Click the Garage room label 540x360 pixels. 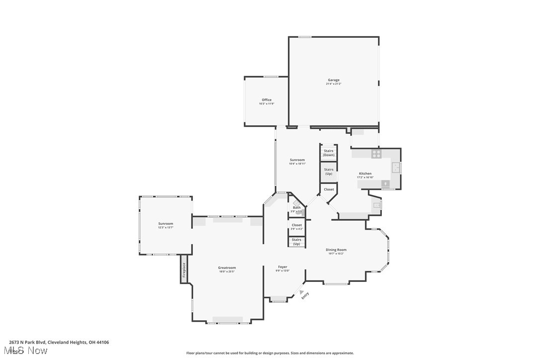coord(334,80)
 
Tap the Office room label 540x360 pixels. coord(267,100)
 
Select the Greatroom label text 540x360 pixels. coord(227,268)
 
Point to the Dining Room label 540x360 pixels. coord(336,250)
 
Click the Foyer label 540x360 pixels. coord(282,267)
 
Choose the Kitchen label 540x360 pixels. coord(365,174)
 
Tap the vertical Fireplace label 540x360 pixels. coord(184,269)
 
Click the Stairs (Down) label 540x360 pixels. coord(329,153)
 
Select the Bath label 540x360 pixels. coord(296,208)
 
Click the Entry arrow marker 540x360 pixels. coord(301,293)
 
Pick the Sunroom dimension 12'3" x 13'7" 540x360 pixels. coord(166,228)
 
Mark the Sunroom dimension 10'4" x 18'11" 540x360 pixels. coord(297,164)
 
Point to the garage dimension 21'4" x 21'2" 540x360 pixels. coord(334,84)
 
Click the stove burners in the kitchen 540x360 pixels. coord(376,154)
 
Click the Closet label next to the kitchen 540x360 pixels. coord(329,189)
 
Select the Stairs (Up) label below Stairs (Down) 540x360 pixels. coord(329,172)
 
